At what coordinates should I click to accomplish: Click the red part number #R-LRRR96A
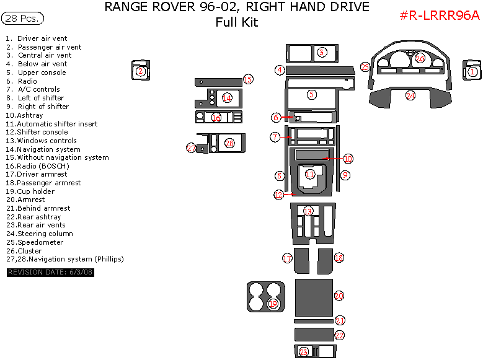[439, 15]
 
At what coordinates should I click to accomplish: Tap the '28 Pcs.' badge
[23, 19]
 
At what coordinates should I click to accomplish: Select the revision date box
[50, 273]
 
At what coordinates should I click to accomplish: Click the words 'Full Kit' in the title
[236, 23]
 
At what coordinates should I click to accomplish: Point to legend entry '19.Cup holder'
[30, 191]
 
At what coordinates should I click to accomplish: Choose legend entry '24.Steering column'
[40, 234]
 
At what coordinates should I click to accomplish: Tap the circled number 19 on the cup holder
[273, 304]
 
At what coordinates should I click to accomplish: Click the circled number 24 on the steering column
[410, 95]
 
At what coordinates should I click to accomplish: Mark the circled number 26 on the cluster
[420, 58]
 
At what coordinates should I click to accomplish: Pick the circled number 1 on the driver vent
[472, 72]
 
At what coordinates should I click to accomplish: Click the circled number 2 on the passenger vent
[141, 71]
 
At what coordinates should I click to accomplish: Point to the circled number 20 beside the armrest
[339, 296]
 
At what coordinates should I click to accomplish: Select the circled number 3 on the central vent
[321, 52]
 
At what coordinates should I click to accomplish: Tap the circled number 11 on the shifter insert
[309, 175]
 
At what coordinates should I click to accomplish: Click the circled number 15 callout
[247, 79]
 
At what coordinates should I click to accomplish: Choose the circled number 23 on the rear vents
[303, 352]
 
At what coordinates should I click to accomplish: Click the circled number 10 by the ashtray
[348, 159]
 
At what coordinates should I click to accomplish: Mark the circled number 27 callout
[191, 147]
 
